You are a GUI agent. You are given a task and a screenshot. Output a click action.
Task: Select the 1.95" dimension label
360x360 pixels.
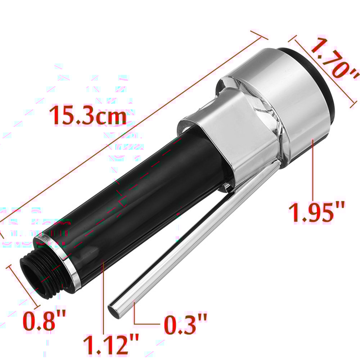click(316, 212)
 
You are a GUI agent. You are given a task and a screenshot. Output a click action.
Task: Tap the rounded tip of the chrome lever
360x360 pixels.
click(114, 310)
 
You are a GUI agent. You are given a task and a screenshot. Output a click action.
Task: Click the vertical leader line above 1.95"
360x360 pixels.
click(313, 169)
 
